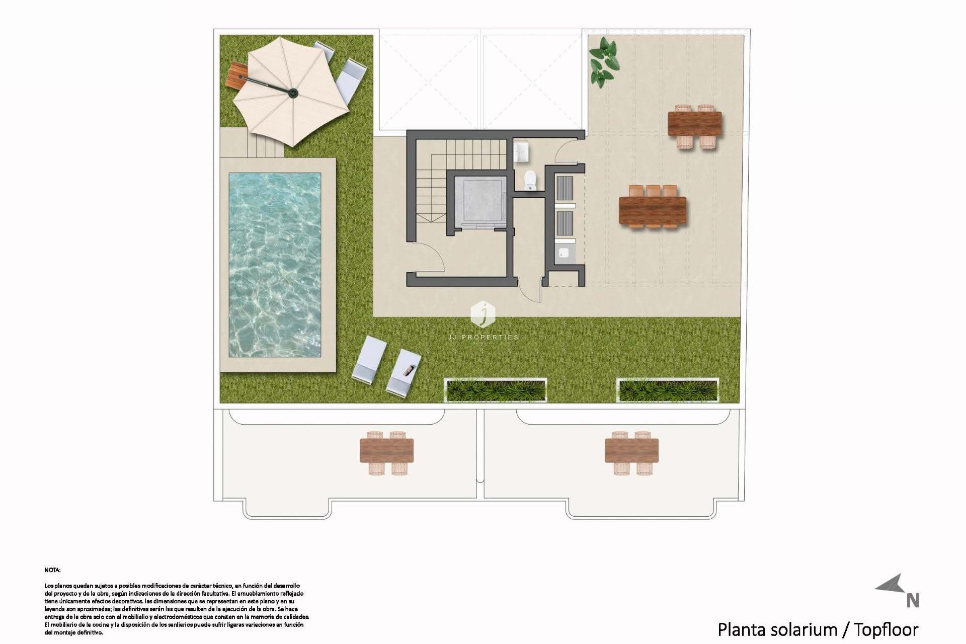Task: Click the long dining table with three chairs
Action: (653, 211)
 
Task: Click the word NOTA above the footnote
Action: (52, 570)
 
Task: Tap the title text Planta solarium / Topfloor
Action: (817, 629)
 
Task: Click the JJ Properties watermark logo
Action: (482, 314)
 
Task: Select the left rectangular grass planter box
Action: (495, 390)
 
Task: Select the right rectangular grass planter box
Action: (667, 390)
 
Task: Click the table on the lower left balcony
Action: (386, 451)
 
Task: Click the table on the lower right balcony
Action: (631, 451)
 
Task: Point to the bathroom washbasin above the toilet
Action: (522, 150)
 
